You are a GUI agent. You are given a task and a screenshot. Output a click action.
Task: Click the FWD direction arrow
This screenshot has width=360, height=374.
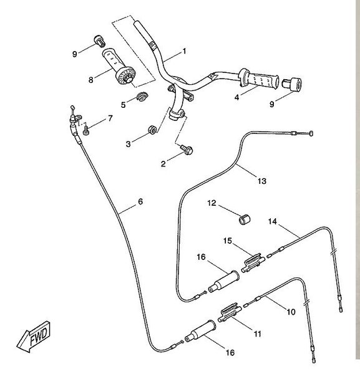(34, 337)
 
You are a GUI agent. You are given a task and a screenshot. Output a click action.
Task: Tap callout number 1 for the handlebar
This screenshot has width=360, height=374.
(184, 51)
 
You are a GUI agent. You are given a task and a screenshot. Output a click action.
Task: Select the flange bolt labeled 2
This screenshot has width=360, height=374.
(187, 150)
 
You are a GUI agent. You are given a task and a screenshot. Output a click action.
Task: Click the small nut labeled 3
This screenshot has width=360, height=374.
(152, 130)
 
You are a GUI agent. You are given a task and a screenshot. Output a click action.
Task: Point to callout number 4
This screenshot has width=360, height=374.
(236, 97)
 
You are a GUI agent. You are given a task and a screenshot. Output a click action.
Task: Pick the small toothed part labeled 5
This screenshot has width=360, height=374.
(142, 97)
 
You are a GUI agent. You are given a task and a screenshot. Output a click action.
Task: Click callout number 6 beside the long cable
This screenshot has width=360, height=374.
(140, 201)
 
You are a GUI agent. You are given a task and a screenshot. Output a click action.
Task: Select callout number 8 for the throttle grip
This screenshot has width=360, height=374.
(90, 80)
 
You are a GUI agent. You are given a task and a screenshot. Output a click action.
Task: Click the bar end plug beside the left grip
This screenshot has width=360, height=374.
(100, 41)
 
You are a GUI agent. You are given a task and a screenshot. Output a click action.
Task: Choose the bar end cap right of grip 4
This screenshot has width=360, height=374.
(292, 84)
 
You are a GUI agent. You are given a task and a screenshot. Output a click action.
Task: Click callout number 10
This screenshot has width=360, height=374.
(291, 312)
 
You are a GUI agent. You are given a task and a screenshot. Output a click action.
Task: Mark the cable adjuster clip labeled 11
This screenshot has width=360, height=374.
(230, 312)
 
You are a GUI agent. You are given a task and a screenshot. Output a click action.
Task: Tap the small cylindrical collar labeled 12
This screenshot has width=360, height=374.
(245, 219)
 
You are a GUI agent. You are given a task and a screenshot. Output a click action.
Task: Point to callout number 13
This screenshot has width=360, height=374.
(261, 181)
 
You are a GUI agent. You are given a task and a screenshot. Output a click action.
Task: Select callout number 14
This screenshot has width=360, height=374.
(273, 221)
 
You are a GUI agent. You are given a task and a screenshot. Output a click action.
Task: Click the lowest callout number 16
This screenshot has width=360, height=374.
(230, 353)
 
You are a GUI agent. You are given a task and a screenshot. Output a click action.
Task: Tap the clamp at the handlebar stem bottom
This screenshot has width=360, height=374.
(177, 114)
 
